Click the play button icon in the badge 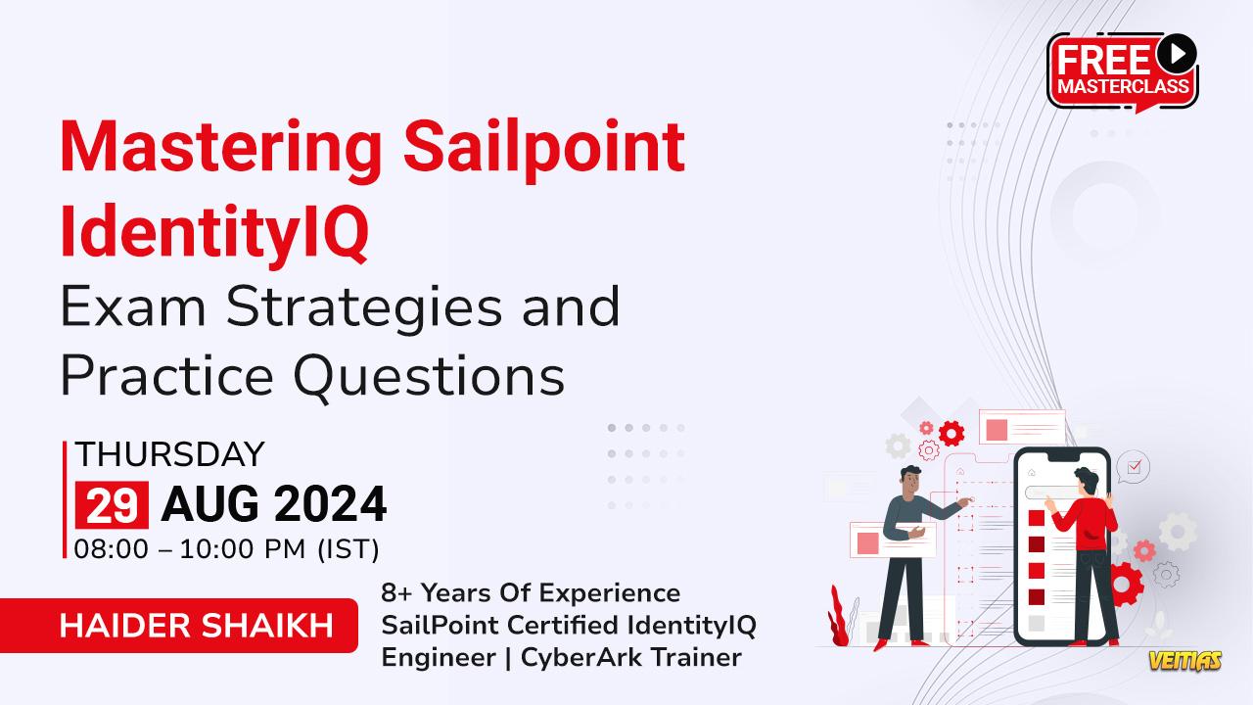point(1177,54)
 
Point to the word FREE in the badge point(1103,61)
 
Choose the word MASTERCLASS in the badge point(1123,86)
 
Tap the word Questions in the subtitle point(429,375)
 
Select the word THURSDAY point(170,453)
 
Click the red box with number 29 point(112,504)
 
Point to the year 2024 point(331,504)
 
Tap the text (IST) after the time point(348,549)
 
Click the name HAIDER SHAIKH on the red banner point(196,626)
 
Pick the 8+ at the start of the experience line point(396,593)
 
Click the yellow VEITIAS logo point(1185,661)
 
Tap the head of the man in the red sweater point(1087,481)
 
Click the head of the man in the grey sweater point(910,480)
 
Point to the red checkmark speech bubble point(1133,467)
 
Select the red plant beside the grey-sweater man point(839,617)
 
